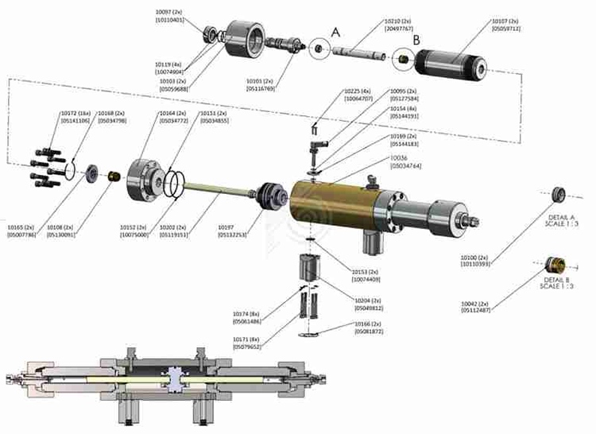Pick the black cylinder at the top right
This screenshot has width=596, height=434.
click(448, 61)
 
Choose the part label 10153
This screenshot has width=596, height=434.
click(368, 272)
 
